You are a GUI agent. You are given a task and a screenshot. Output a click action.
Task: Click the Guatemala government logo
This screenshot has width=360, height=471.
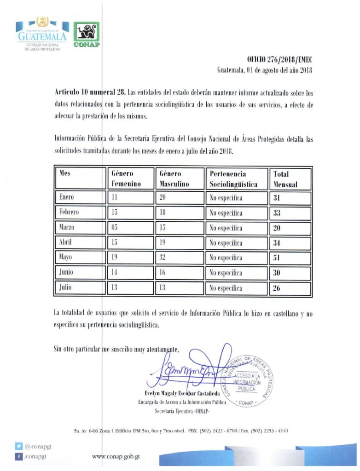point(42,34)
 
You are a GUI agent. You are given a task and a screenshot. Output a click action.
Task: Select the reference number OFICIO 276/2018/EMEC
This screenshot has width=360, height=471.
point(279,60)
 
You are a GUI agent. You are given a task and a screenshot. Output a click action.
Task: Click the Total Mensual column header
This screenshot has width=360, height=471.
point(290,179)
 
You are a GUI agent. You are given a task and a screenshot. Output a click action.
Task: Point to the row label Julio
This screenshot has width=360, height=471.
point(67,288)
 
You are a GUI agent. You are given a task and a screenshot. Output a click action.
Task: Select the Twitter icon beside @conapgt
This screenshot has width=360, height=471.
point(18,446)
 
